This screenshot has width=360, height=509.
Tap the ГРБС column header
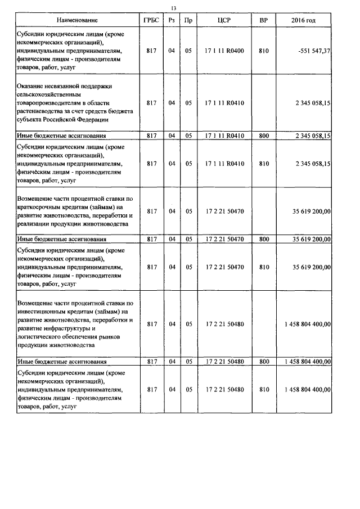pyautogui.click(x=151, y=20)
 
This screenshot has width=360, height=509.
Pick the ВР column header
pyautogui.click(x=263, y=20)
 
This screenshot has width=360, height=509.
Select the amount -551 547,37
pyautogui.click(x=310, y=51)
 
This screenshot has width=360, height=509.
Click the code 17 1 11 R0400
pyautogui.click(x=224, y=51)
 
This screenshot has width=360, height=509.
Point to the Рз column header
pyautogui.click(x=172, y=20)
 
